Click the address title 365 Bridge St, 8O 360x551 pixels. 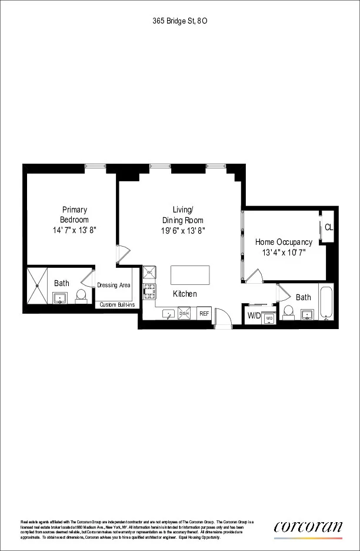[179, 20]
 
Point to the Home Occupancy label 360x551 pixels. [284, 242]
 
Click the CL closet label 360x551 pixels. [328, 227]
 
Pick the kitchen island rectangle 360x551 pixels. [190, 275]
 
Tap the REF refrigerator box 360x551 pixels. [204, 314]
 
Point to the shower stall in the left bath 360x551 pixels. [38, 286]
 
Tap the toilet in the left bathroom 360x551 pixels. [82, 296]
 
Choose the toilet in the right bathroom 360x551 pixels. [288, 311]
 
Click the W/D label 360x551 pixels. [254, 316]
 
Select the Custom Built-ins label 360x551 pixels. [117, 304]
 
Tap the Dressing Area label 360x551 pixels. [114, 286]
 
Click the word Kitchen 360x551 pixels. [185, 294]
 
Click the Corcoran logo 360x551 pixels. [308, 527]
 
